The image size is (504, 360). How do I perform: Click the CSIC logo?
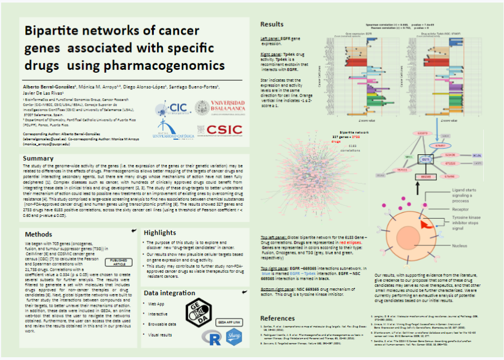click(x=224, y=130)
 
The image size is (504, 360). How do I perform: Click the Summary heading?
click(x=38, y=159)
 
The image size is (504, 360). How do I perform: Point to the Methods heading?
click(x=39, y=234)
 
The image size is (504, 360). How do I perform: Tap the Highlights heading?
click(x=160, y=233)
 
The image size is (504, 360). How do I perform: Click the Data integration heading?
click(x=167, y=293)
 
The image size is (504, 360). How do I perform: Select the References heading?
click(x=277, y=318)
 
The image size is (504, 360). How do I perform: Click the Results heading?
click(x=272, y=25)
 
